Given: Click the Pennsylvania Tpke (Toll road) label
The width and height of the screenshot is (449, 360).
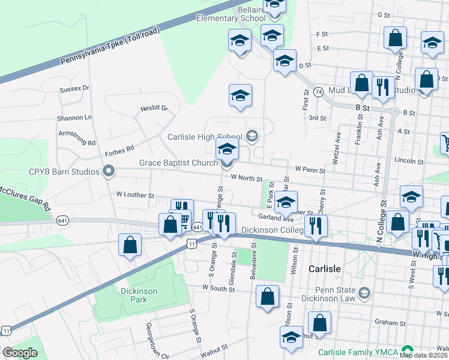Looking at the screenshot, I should point(110,46).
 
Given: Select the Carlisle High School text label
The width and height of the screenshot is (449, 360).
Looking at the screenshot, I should point(205,137).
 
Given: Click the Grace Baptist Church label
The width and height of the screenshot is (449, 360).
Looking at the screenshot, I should point(178,163).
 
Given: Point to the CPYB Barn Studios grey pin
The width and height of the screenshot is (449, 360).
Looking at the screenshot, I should point(109,172).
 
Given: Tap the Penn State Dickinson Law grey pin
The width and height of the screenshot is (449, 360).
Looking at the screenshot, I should point(364,293).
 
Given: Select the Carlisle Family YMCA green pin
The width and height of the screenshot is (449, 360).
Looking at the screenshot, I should point(408,350).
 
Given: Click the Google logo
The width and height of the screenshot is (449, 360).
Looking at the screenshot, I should point(20,352).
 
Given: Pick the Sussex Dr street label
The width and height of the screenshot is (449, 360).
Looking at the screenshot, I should point(74,88).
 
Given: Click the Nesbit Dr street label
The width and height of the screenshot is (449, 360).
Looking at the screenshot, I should point(154,109).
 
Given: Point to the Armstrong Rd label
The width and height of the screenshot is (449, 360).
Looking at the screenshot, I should point(77,139).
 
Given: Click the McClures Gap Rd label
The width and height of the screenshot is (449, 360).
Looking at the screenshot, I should point(25,197).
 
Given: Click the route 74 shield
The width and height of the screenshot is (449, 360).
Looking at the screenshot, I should point(318,92).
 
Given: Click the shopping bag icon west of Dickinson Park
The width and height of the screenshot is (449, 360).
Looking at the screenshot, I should point(130,245).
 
